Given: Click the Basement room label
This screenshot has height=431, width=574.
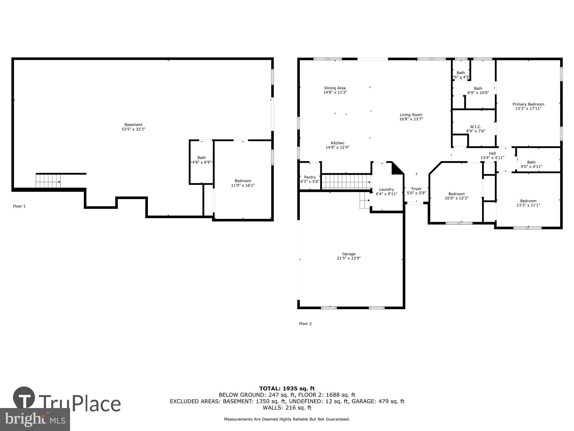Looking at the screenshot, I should click(x=133, y=125).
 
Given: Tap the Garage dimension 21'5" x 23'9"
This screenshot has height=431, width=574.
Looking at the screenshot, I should click(x=349, y=258).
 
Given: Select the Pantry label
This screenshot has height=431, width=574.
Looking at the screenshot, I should click(x=310, y=177).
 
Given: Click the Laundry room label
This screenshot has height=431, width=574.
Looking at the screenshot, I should click(x=386, y=189).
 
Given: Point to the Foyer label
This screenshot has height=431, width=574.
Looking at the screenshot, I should click(x=416, y=189).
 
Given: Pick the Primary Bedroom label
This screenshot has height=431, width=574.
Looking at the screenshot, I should click(x=528, y=104).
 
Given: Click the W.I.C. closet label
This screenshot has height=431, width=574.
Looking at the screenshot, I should click(x=476, y=127).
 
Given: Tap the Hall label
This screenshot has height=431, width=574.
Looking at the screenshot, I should click(x=492, y=153).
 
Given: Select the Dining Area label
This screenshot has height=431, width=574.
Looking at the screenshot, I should click(x=335, y=88).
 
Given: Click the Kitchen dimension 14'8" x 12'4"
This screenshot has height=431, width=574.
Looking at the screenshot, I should click(x=337, y=147).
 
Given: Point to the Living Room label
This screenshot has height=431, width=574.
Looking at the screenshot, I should click(x=411, y=115).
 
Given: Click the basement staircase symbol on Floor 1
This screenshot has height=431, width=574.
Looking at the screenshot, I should click(x=48, y=181).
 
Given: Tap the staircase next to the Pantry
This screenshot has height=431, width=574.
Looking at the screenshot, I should click(x=346, y=182).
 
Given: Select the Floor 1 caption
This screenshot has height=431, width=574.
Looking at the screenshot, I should click(x=19, y=206).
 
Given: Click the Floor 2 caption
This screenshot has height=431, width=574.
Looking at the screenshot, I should click(x=305, y=324).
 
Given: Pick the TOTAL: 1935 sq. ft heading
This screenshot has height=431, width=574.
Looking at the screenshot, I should click(x=287, y=389).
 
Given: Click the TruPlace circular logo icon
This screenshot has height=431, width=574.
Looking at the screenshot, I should click(x=24, y=398).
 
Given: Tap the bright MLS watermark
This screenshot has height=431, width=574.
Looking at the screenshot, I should click(x=35, y=420).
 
